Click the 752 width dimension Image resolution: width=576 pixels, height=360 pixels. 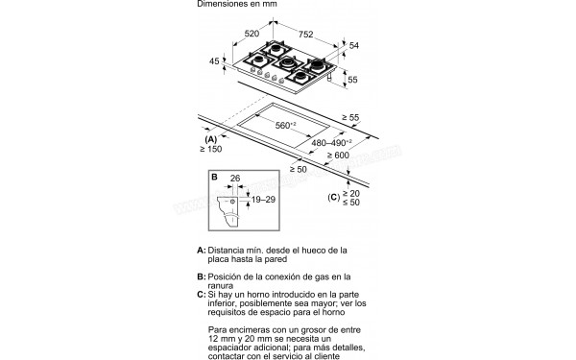305,35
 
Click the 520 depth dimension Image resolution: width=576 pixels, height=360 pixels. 252,34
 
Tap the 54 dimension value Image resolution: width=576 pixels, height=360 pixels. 353,45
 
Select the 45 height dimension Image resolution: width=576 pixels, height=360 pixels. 214,61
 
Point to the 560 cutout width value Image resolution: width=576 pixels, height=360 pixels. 286,125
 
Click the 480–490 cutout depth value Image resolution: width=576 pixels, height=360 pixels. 331,142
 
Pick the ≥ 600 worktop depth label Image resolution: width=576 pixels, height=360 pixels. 338,156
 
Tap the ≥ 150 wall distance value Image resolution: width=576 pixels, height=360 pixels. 211,149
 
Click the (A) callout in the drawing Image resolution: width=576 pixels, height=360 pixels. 211,139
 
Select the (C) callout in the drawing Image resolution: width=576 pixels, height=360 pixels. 333,197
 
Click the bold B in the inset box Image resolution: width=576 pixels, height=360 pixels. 214,177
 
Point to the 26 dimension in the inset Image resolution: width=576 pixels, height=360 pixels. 235,179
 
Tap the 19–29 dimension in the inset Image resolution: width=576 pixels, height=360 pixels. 263,200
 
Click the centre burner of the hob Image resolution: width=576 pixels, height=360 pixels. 287,63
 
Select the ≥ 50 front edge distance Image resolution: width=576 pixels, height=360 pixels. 299,169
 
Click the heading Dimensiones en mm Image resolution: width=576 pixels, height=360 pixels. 237,4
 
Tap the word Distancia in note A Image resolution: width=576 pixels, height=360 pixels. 226,251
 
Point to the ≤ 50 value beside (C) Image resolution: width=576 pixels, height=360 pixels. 351,203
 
